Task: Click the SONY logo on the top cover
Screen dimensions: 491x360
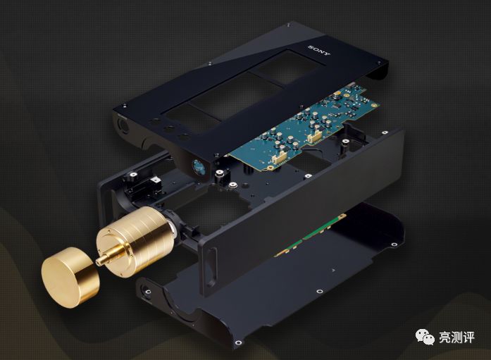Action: coord(319,51)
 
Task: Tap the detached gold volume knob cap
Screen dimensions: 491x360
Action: coord(70,277)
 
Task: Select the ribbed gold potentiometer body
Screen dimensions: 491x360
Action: coord(135,241)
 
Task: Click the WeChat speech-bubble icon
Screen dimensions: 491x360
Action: coord(425,336)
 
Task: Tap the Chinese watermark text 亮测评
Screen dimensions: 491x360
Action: coord(456,337)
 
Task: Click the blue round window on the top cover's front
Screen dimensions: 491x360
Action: coord(198,167)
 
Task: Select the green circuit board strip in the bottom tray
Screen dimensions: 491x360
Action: coord(310,235)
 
